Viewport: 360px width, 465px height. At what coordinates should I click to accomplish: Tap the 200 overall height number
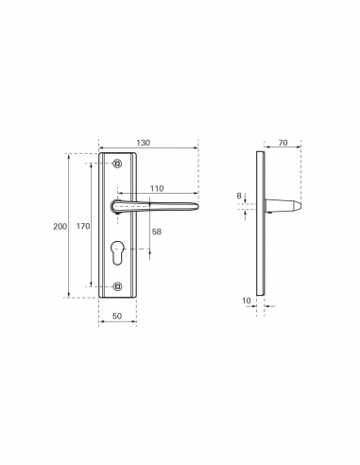pyautogui.click(x=60, y=227)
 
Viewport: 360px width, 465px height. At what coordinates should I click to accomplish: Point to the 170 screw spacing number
pyautogui.click(x=83, y=227)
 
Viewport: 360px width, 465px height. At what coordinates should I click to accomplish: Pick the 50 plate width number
pyautogui.click(x=118, y=317)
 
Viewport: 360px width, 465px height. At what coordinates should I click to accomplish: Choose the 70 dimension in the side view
pyautogui.click(x=283, y=144)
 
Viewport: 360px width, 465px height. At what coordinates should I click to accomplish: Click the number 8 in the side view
pyautogui.click(x=239, y=196)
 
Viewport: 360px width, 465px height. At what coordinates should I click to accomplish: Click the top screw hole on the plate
pyautogui.click(x=118, y=164)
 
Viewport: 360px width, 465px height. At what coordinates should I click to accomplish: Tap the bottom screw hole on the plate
pyautogui.click(x=118, y=284)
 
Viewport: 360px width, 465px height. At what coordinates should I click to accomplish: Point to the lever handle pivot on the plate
pyautogui.click(x=118, y=206)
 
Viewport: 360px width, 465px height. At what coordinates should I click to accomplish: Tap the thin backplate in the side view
pyautogui.click(x=261, y=227)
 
